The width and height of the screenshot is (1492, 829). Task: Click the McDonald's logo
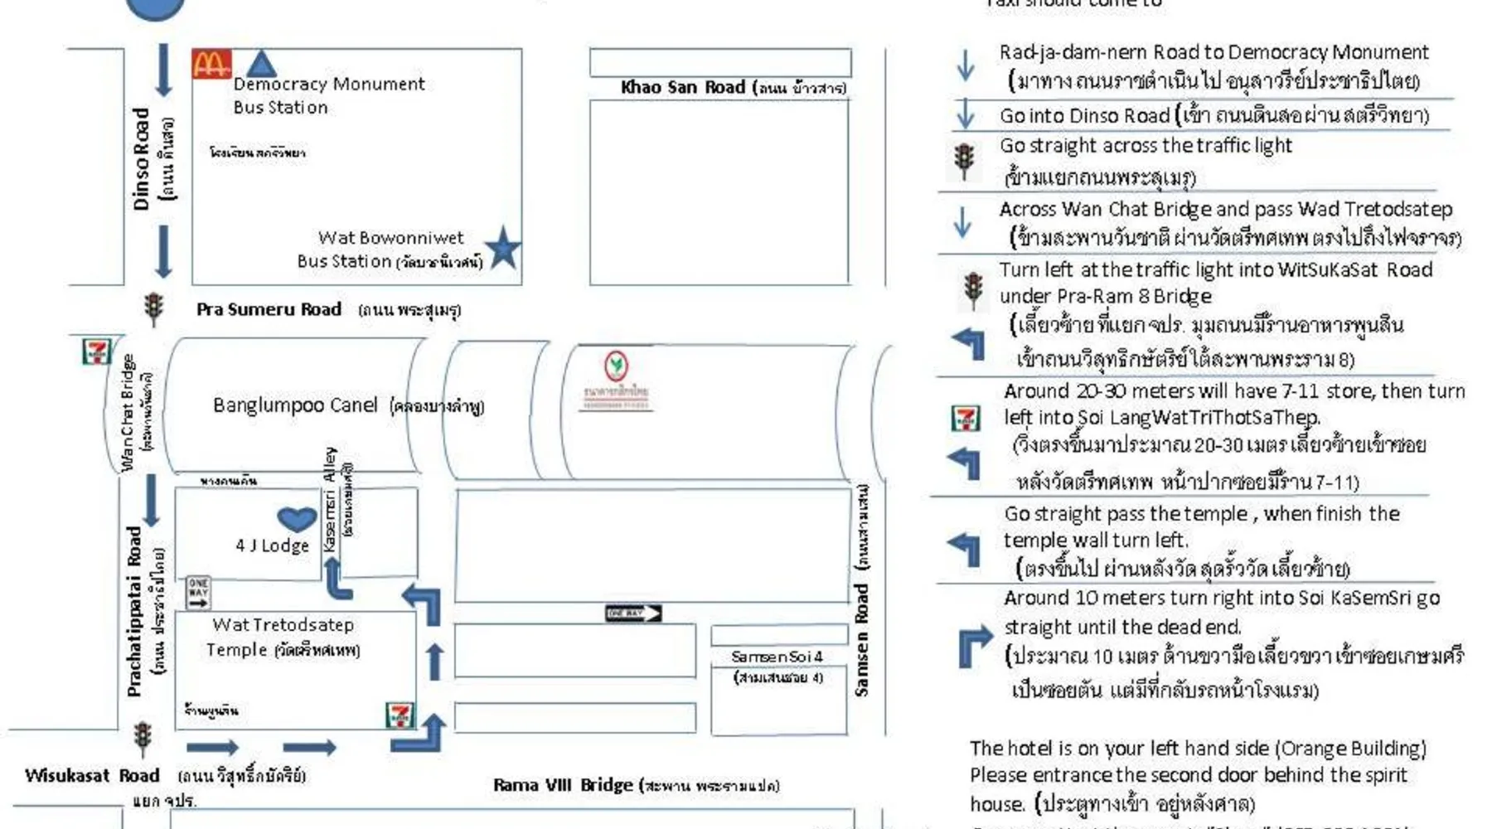(x=211, y=64)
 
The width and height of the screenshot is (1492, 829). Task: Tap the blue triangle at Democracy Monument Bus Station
(x=262, y=65)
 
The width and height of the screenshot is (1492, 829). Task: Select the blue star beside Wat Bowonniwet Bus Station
(x=502, y=249)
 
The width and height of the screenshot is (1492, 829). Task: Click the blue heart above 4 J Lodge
(x=296, y=519)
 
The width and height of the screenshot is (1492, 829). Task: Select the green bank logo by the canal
(x=616, y=365)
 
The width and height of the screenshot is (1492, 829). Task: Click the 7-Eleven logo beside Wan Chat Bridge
(x=96, y=351)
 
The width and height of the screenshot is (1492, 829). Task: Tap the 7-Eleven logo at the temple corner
(x=400, y=714)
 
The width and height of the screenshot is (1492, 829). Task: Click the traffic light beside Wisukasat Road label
(x=143, y=736)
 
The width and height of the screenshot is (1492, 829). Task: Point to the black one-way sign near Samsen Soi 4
(x=633, y=613)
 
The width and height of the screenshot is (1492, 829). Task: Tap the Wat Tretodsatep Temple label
(x=283, y=637)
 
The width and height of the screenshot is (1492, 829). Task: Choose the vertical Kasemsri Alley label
(x=331, y=500)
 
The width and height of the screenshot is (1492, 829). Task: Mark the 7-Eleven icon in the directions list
(x=965, y=418)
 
